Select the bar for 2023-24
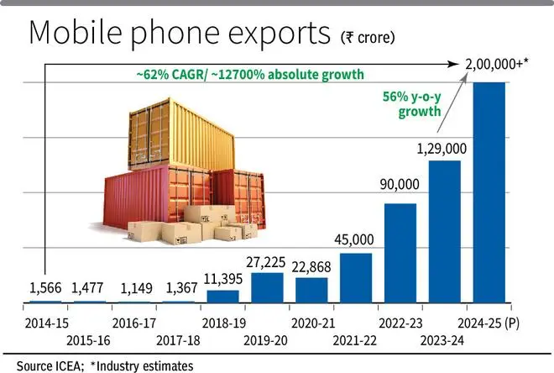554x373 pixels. point(445,231)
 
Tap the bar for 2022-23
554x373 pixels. point(400,253)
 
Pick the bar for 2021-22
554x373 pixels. point(356,277)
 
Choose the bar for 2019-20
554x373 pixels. point(267,287)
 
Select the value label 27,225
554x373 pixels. point(267,261)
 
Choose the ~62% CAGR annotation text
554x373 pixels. point(251,74)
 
